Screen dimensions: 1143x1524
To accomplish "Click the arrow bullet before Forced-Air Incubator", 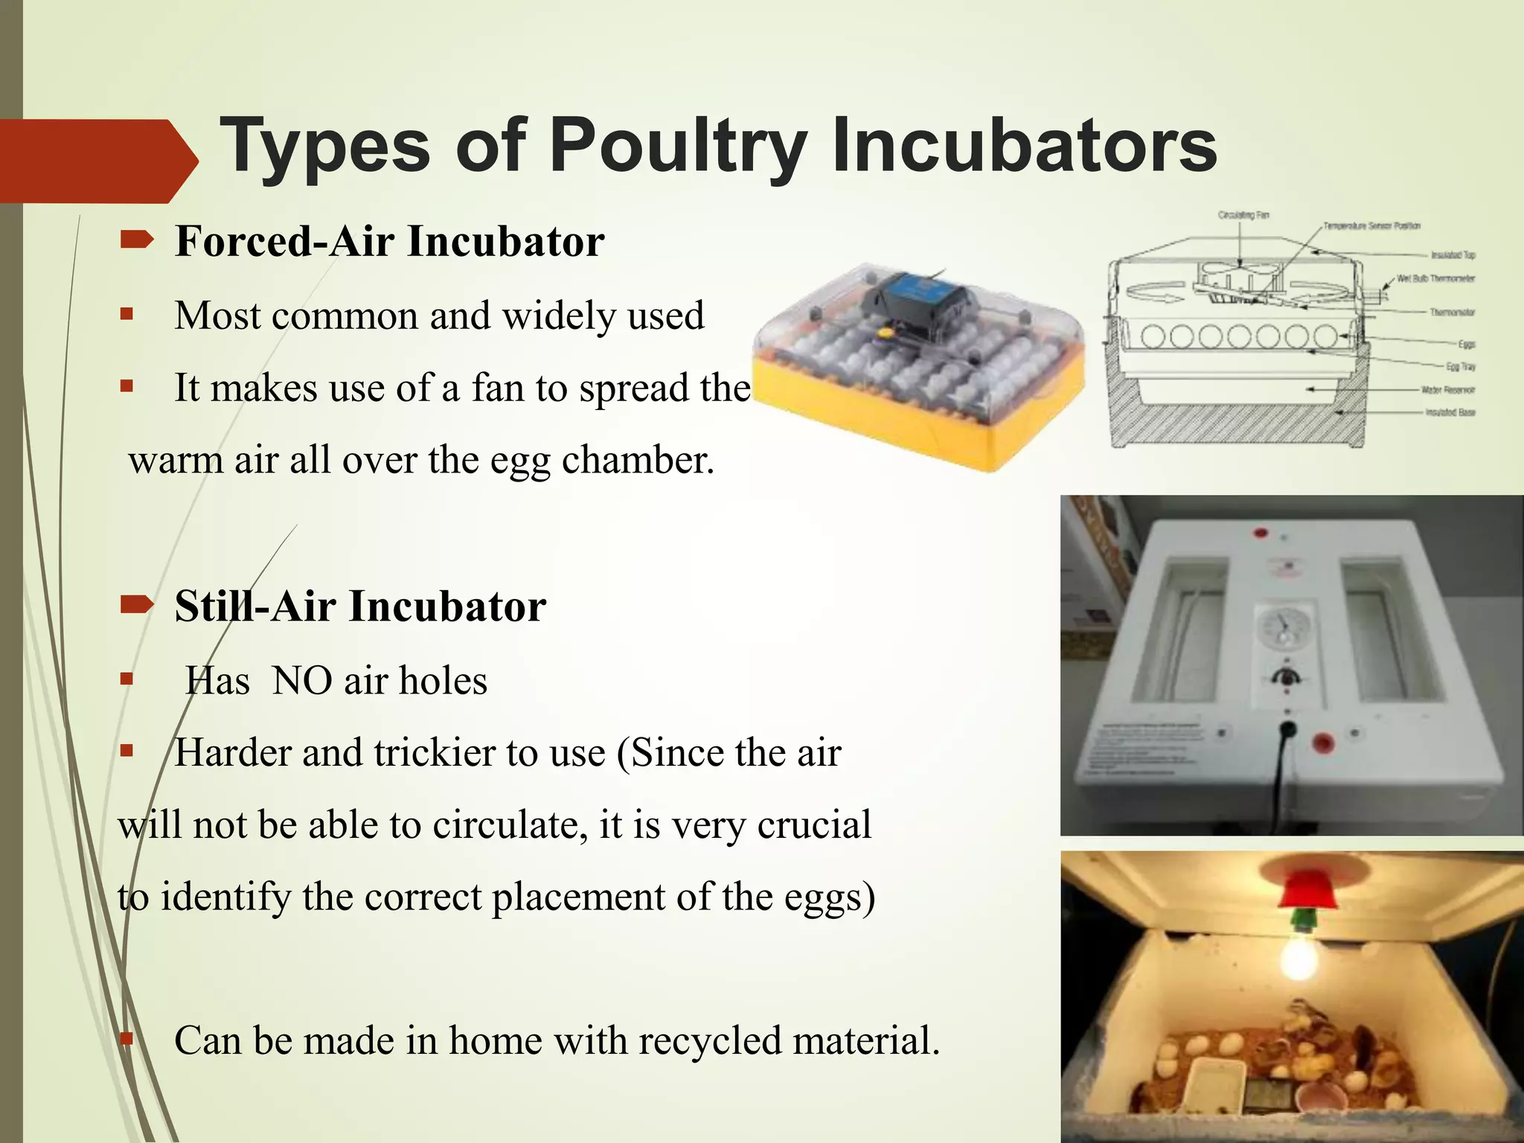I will [136, 240].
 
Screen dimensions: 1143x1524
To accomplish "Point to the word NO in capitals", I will [301, 680].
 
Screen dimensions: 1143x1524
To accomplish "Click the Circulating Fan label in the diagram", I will [1243, 215].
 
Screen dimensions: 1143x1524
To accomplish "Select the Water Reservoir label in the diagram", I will [1447, 389].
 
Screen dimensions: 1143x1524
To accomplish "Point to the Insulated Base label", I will [1450, 412].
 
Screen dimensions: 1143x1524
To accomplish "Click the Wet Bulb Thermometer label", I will [1435, 278].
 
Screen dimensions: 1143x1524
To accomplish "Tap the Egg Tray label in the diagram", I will [1460, 366].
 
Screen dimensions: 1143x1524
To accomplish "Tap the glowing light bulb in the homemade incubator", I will [1299, 961].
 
